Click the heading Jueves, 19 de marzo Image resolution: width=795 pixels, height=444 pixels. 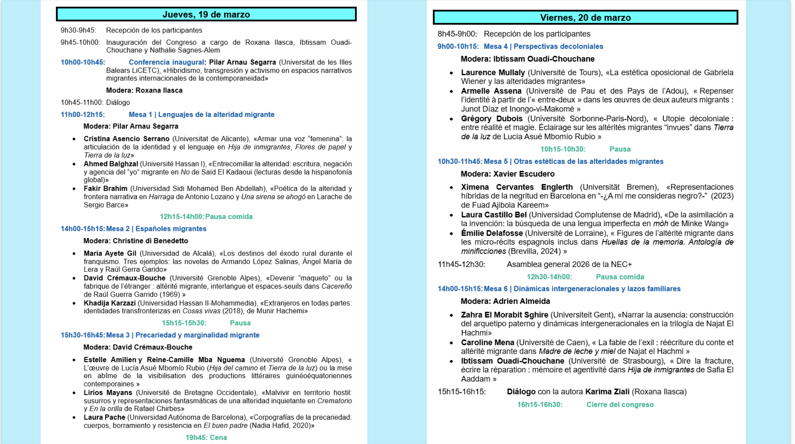point(206,15)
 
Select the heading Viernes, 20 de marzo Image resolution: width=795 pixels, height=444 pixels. point(585,17)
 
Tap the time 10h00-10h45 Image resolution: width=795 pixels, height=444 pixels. point(83,62)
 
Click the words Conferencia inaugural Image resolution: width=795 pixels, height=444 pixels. point(166,62)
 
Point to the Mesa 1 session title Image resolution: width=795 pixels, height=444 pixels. point(201,115)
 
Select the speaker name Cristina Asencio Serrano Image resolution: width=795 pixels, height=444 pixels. point(127,139)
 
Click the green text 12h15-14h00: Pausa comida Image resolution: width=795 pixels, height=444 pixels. point(206,217)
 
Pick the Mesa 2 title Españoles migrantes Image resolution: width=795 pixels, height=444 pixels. point(171,229)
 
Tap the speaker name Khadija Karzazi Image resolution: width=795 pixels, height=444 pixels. point(109,303)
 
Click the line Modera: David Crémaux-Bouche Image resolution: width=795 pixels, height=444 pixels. point(138,347)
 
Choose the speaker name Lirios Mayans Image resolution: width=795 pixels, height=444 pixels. point(108,393)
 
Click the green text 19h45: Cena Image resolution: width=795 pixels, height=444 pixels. point(206,437)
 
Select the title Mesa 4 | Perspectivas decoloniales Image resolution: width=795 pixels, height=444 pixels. point(543,47)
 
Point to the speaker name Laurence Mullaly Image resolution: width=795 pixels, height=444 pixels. point(493,72)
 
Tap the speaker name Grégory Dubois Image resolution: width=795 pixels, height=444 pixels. point(492,119)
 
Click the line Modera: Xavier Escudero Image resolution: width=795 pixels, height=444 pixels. point(507,174)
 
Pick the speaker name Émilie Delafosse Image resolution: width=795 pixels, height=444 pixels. point(492,233)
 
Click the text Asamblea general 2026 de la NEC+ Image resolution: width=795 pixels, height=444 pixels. point(569,264)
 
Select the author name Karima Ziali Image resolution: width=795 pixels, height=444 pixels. point(607,392)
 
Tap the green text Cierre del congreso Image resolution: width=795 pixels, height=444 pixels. point(620,405)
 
